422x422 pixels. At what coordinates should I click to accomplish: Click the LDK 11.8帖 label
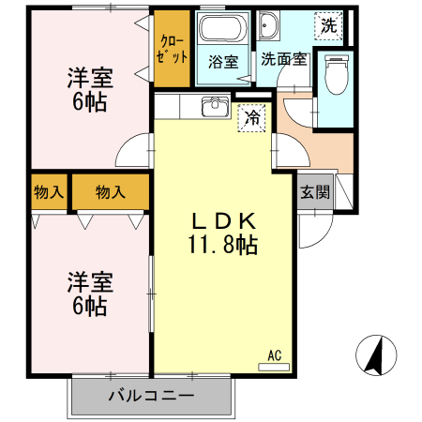(x=224, y=234)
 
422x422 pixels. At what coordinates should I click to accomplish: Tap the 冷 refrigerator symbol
(x=250, y=118)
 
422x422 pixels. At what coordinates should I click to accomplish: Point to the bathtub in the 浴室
(x=222, y=29)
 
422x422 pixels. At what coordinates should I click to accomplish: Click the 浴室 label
(x=222, y=62)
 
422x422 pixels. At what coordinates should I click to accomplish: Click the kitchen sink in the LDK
(x=215, y=105)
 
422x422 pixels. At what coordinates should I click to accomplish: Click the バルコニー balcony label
(x=150, y=396)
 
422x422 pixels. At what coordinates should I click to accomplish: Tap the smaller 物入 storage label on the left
(x=48, y=193)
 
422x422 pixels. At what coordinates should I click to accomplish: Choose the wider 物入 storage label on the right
(x=110, y=193)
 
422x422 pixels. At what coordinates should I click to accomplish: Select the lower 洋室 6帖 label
(x=90, y=292)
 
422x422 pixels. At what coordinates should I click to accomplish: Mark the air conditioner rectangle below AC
(x=274, y=366)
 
